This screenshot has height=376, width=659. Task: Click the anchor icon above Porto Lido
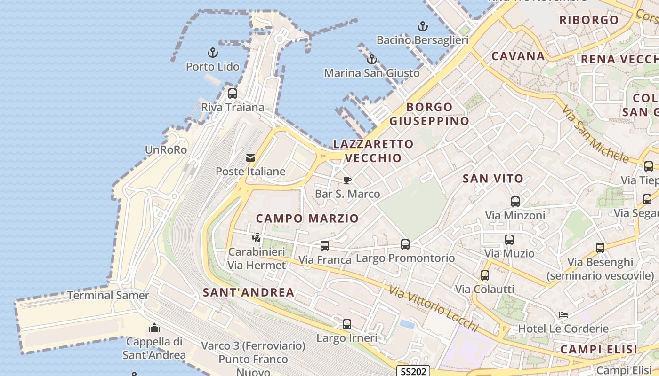[x=213, y=53]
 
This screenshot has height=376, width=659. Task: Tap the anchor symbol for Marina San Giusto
[x=372, y=59]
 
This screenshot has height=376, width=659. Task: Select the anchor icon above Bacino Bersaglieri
[x=423, y=26]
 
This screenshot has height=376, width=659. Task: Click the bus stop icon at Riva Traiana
[x=232, y=93]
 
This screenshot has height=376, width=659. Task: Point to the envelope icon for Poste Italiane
[x=250, y=158]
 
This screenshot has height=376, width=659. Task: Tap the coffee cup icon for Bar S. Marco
[x=347, y=180]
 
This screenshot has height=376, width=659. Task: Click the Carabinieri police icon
[x=257, y=238]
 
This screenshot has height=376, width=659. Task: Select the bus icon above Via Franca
[x=325, y=245]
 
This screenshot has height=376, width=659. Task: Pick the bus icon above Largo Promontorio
[x=405, y=244]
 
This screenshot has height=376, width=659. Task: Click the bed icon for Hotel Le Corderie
[x=563, y=314]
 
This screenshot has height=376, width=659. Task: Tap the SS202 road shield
[x=413, y=371]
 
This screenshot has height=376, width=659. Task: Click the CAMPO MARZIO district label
[x=307, y=218]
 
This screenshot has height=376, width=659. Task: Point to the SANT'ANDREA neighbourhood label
[x=249, y=292]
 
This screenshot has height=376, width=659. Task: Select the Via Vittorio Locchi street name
[x=434, y=309]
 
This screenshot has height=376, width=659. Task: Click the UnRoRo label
[x=166, y=150]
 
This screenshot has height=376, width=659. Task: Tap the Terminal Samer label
[x=108, y=296]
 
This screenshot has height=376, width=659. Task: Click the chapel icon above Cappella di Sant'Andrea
[x=154, y=328]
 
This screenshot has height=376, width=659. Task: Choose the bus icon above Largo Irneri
[x=347, y=324]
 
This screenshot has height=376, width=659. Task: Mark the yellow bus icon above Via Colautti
[x=485, y=275]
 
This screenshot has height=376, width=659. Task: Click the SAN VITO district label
[x=493, y=179]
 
